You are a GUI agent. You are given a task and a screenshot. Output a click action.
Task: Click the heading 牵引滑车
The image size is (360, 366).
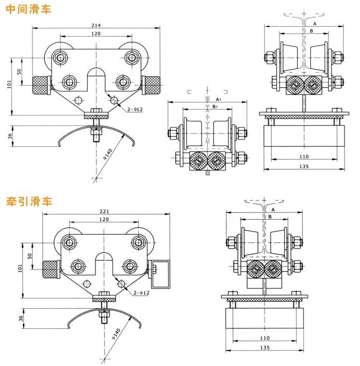29,201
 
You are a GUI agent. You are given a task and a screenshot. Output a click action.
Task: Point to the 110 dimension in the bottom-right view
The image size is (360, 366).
265,339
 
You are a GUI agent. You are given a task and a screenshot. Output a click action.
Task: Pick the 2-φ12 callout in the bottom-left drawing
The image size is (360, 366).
141,293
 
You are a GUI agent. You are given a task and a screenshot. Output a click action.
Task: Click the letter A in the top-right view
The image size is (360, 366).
315,24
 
